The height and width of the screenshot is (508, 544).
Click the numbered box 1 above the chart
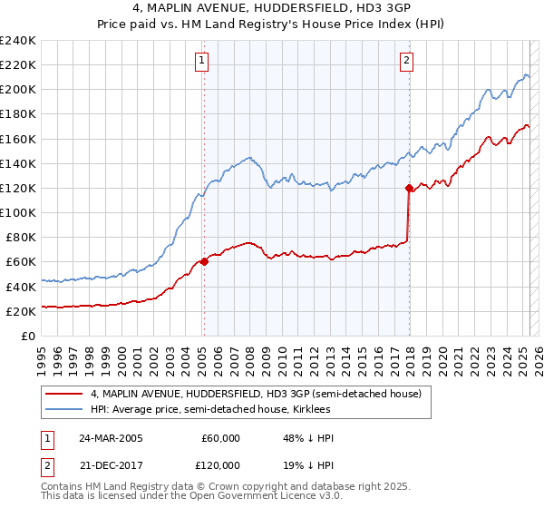tap(200, 62)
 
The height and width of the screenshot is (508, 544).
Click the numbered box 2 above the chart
tap(406, 62)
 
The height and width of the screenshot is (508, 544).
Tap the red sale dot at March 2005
tap(204, 261)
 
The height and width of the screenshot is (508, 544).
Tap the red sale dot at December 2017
tap(409, 188)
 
